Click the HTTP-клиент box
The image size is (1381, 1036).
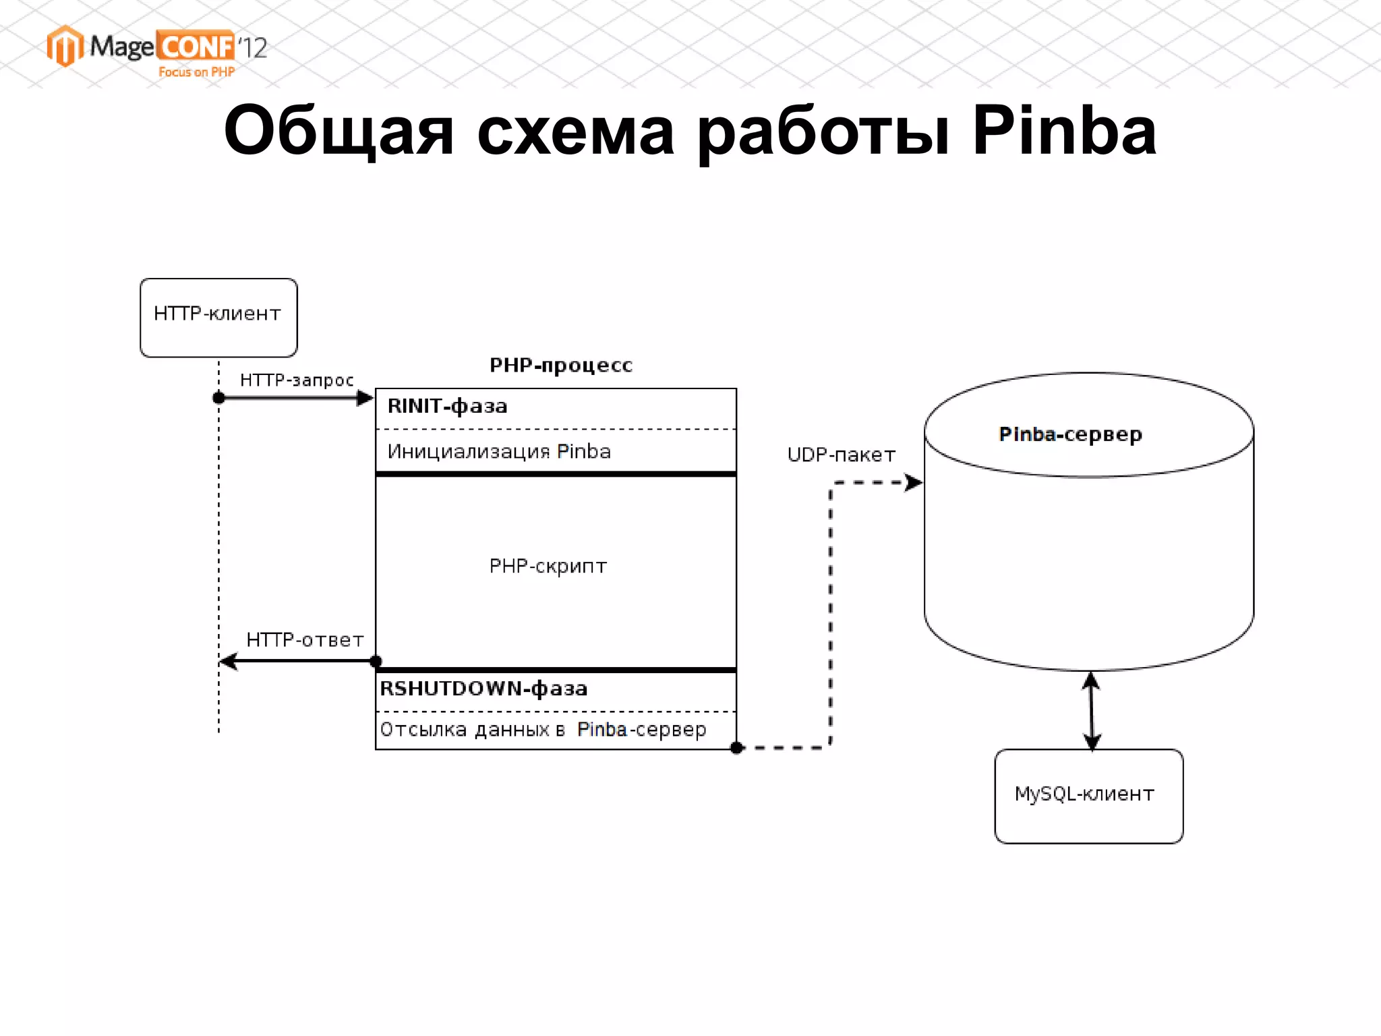[218, 317]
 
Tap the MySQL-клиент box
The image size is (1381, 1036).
[1088, 796]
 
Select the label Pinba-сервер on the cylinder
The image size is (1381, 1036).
[1070, 435]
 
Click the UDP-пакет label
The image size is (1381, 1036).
[841, 455]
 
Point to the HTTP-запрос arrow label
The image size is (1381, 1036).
[297, 380]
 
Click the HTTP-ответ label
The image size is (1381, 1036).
[305, 639]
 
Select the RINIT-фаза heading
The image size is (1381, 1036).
[447, 407]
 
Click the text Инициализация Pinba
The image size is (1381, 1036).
[499, 451]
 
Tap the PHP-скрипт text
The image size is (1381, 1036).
[548, 566]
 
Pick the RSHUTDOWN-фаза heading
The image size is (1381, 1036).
[483, 689]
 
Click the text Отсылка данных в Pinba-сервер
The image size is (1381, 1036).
[543, 730]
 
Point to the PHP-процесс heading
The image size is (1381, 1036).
[560, 366]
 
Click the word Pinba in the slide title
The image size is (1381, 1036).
[1063, 131]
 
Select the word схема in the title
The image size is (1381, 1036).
[575, 131]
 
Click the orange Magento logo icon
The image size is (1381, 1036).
[65, 47]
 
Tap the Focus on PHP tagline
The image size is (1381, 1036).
[196, 72]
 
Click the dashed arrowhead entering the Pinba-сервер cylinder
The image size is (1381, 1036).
[913, 482]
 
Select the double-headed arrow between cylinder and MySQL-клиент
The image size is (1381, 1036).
[1092, 710]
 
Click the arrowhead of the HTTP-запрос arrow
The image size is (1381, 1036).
[365, 398]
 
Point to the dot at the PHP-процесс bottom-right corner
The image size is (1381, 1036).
[737, 747]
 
